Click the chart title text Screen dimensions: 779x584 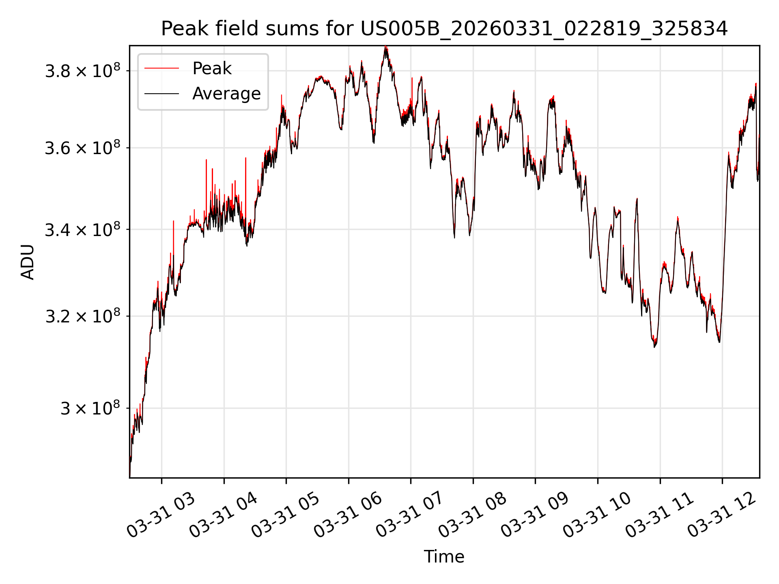pyautogui.click(x=444, y=29)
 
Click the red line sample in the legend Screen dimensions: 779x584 pyautogui.click(x=161, y=69)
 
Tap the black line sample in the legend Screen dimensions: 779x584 pyautogui.click(x=161, y=94)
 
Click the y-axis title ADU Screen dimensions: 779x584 pyautogui.click(x=28, y=262)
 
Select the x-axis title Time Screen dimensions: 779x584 pyautogui.click(x=444, y=556)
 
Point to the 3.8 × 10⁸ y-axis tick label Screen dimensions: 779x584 pyautogui.click(x=83, y=71)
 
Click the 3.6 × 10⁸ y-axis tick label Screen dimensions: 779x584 pyautogui.click(x=83, y=148)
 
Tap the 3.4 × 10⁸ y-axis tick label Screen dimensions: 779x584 pyautogui.click(x=83, y=230)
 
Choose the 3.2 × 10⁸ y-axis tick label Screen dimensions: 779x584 pyautogui.click(x=83, y=316)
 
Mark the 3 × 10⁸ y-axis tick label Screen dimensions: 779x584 pyautogui.click(x=90, y=408)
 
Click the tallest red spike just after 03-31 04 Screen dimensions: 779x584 pyautogui.click(x=245, y=158)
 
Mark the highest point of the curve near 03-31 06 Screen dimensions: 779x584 pyautogui.click(x=385, y=47)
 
